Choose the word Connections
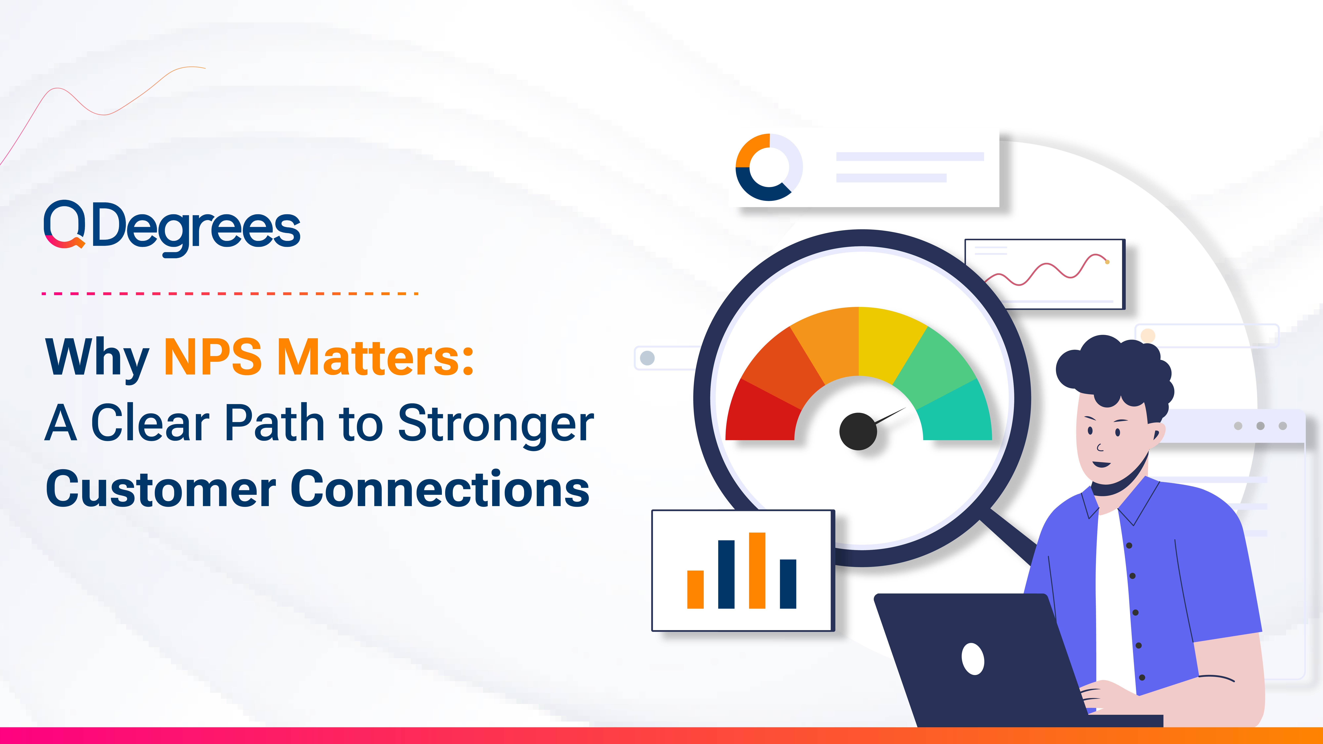[440, 489]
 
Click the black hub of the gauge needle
[858, 431]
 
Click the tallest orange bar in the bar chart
[757, 570]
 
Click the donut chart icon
[769, 167]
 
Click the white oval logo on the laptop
[973, 659]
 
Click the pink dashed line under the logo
[230, 294]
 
